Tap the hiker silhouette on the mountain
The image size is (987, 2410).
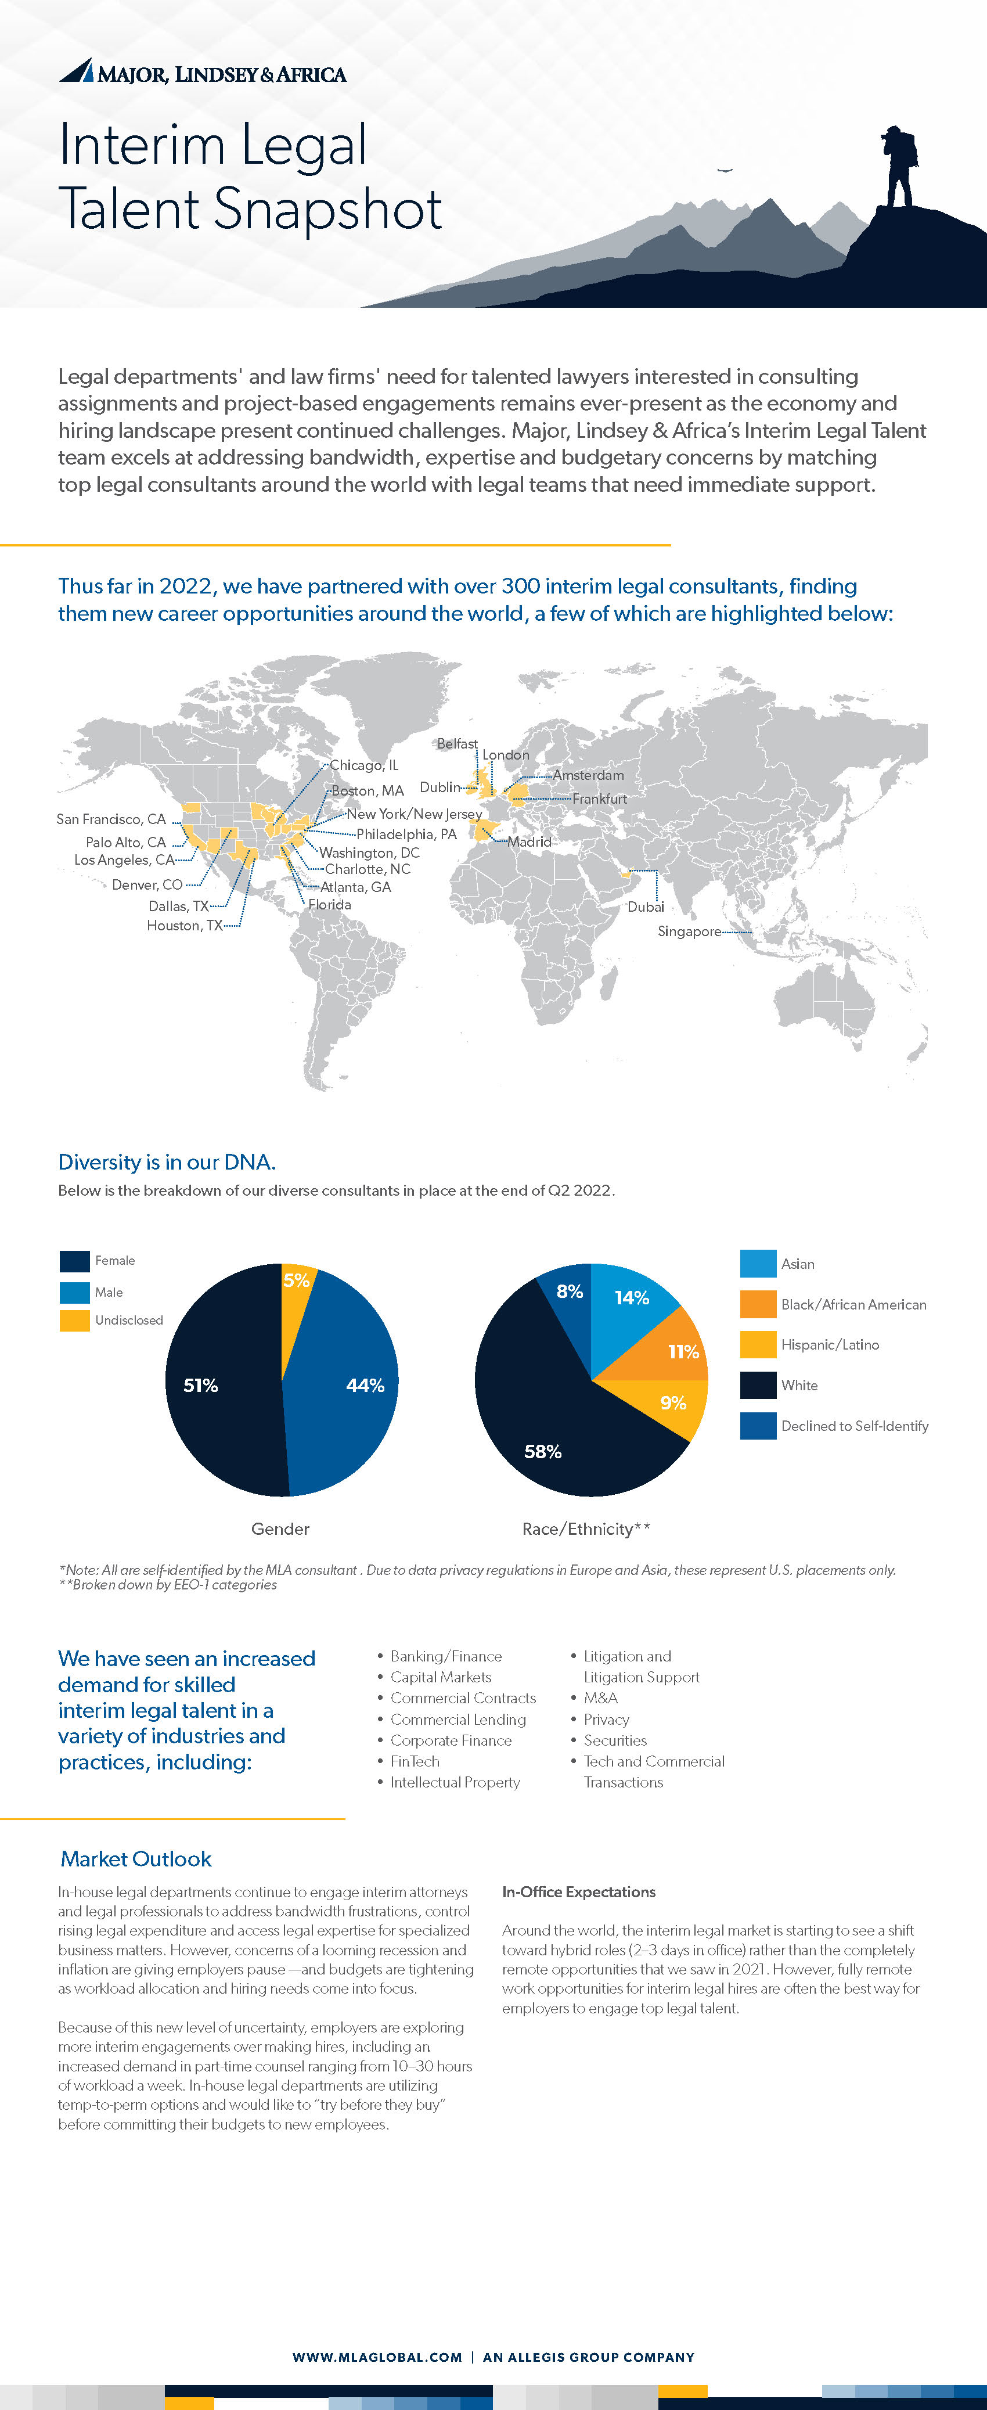pyautogui.click(x=899, y=167)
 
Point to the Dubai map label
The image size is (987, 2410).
pyautogui.click(x=646, y=907)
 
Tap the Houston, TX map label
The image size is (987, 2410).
pyautogui.click(x=184, y=925)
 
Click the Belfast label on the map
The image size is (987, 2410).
pyautogui.click(x=456, y=744)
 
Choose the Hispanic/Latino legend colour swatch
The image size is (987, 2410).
pyautogui.click(x=758, y=1344)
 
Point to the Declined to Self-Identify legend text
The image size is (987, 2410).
pyautogui.click(x=854, y=1426)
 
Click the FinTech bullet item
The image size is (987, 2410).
pyautogui.click(x=415, y=1761)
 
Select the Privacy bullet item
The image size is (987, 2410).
pyautogui.click(x=606, y=1720)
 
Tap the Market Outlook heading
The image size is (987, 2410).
pyautogui.click(x=136, y=1859)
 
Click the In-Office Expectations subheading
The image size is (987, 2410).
pyautogui.click(x=578, y=1891)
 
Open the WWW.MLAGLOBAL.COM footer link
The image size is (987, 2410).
pyautogui.click(x=377, y=2357)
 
